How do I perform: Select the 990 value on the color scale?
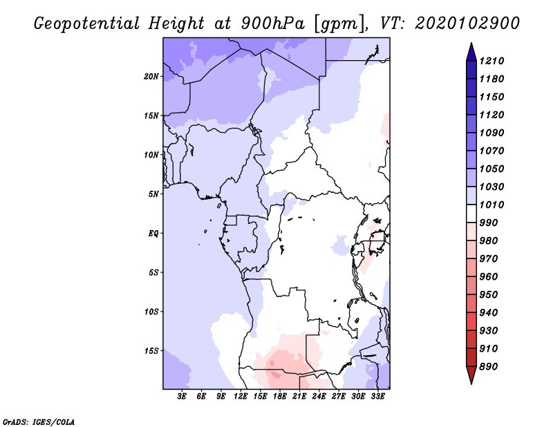[490, 222]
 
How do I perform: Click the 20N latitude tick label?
[151, 76]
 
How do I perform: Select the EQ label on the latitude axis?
[153, 233]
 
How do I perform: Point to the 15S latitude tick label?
[151, 350]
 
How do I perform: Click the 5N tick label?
[153, 193]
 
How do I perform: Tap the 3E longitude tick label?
[182, 397]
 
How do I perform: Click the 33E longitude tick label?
[377, 397]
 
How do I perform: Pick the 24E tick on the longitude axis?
[319, 397]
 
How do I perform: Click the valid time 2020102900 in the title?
[467, 23]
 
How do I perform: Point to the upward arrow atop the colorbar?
[471, 50]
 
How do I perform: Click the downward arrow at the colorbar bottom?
[471, 377]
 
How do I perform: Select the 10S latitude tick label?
[151, 311]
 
